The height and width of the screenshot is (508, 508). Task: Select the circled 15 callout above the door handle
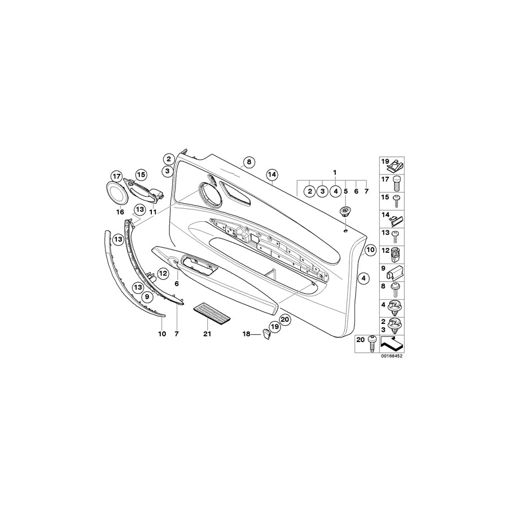tap(140, 175)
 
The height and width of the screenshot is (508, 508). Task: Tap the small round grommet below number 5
tap(344, 212)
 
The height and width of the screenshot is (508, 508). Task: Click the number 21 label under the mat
tap(207, 334)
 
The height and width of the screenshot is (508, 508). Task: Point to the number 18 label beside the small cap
tap(247, 334)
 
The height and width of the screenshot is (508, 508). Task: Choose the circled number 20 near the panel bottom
tap(284, 319)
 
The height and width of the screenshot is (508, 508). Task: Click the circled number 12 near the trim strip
tap(163, 274)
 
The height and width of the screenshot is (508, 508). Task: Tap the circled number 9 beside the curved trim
tap(146, 296)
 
